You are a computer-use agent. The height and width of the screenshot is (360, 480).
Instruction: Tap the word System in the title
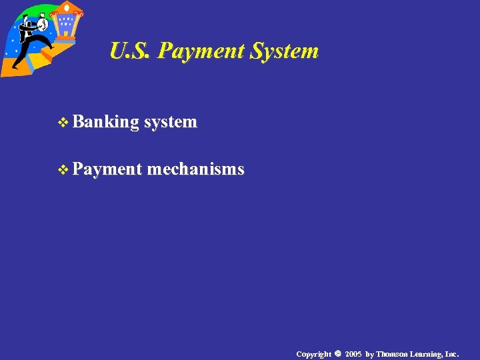point(284,51)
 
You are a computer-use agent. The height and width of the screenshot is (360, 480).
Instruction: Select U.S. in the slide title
point(131,51)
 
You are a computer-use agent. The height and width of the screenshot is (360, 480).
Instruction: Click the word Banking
point(106,122)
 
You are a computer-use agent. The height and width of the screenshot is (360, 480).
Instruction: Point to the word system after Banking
point(171,122)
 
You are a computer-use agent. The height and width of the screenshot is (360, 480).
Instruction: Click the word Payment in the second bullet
point(107,170)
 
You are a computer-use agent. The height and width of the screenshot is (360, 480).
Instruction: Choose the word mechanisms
point(195,170)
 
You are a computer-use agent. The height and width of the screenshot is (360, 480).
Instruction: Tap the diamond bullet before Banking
point(64,123)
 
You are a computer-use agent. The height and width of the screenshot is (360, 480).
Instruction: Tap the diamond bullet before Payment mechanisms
point(64,171)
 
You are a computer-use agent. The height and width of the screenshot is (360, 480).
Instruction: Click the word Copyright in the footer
point(314,354)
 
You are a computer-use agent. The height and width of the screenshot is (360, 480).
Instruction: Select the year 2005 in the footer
point(353,354)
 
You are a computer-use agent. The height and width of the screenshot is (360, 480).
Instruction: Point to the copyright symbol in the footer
point(338,353)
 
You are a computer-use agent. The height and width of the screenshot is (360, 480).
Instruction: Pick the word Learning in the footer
point(428,354)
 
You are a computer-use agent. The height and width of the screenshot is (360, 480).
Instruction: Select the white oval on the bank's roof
point(67,7)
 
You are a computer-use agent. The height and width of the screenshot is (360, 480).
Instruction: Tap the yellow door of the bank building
point(65,33)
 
